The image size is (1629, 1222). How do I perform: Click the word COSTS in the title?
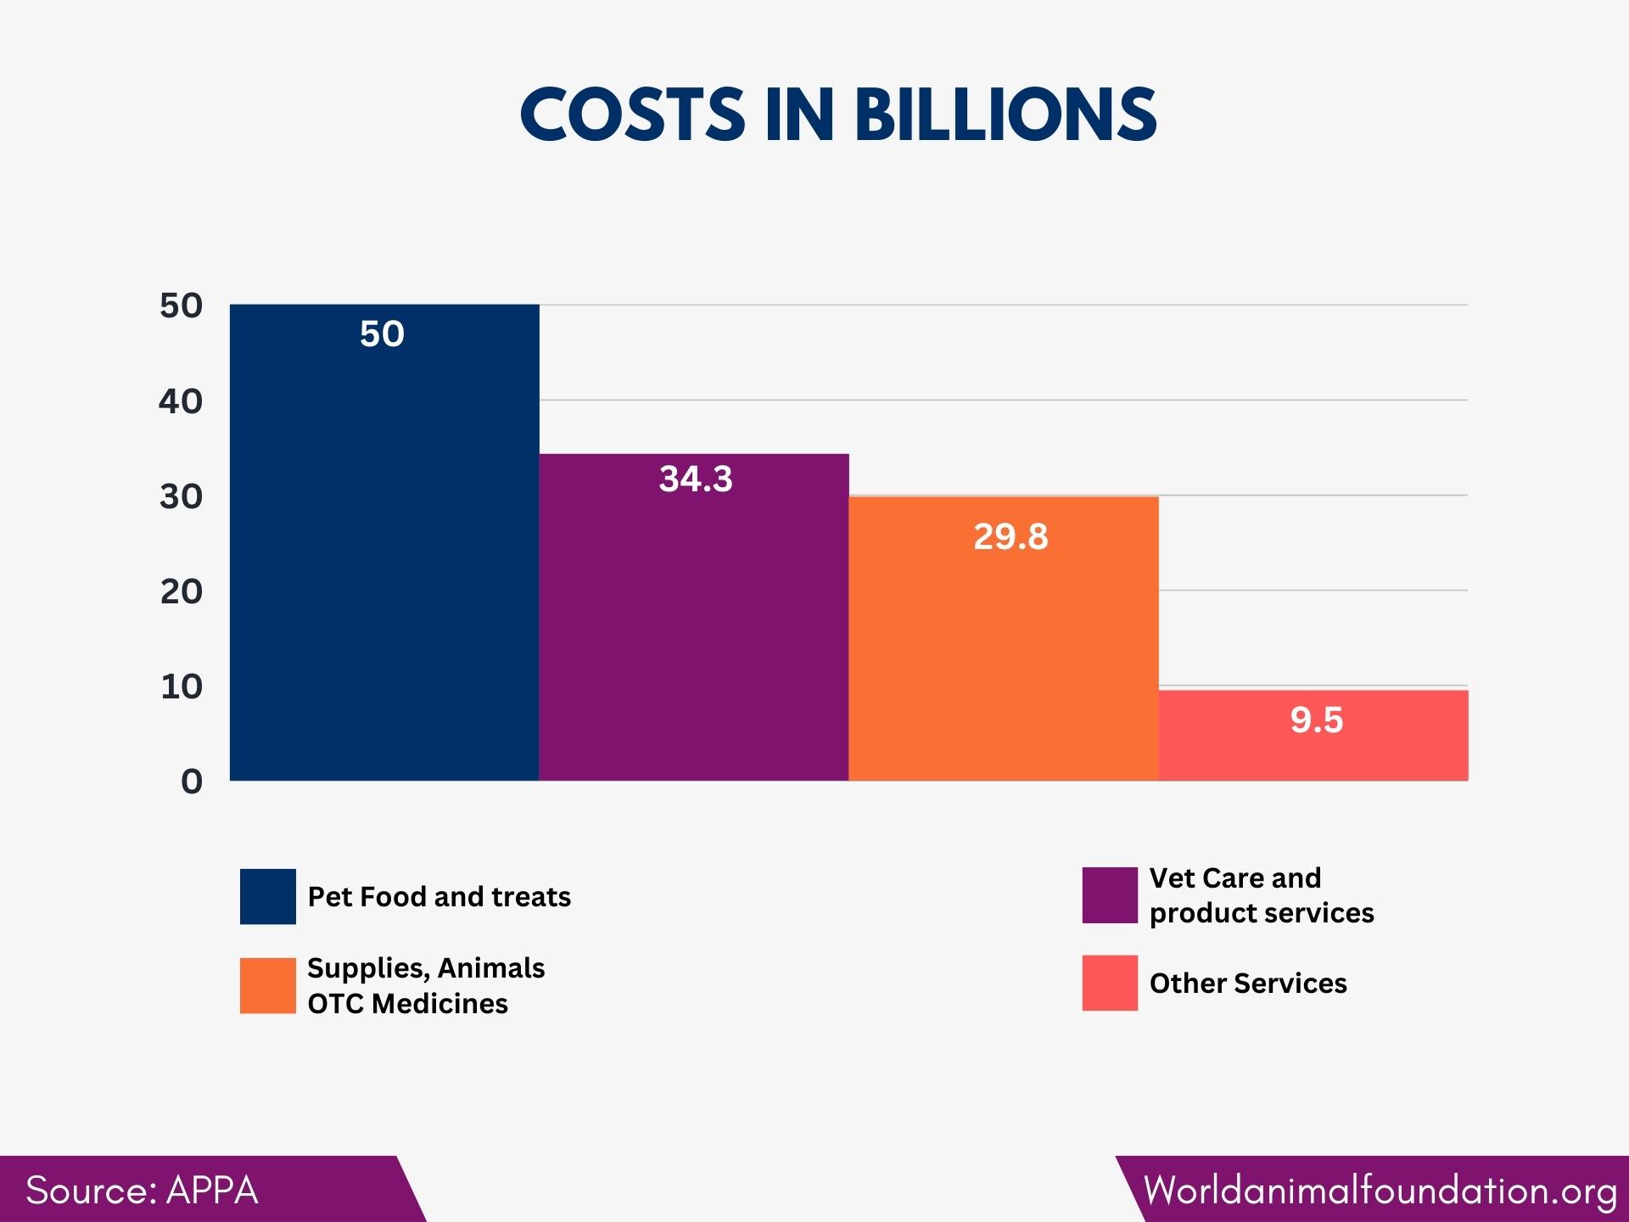(x=632, y=115)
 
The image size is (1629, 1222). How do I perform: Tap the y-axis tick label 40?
(x=181, y=401)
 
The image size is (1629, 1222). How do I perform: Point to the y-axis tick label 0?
(x=192, y=781)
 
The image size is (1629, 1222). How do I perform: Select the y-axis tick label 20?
(x=181, y=591)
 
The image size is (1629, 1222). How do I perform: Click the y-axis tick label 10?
(x=181, y=686)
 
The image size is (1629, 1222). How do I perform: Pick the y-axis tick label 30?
(x=181, y=496)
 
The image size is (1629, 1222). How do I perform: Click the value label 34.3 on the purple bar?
(x=696, y=479)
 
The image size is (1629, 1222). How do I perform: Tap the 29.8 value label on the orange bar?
(x=1010, y=536)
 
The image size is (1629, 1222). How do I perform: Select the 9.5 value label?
(x=1317, y=720)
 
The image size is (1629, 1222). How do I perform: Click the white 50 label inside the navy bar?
(x=382, y=334)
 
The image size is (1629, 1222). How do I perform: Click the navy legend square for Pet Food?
(x=267, y=896)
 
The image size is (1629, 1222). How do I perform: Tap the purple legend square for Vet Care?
(x=1110, y=894)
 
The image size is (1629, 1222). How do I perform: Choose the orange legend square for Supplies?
(x=267, y=985)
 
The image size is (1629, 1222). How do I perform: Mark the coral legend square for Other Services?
(x=1110, y=983)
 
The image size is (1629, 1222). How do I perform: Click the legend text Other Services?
(x=1248, y=983)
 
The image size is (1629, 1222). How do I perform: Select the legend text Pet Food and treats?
(x=439, y=896)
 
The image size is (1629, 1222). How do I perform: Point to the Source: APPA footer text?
(x=142, y=1190)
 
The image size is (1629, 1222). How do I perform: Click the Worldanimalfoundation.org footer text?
(x=1380, y=1190)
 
